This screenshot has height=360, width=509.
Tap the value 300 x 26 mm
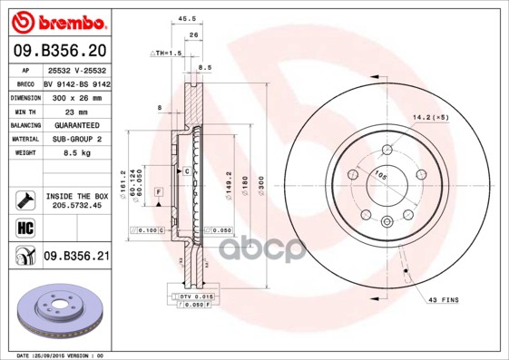69,96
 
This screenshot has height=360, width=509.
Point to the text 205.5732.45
76,205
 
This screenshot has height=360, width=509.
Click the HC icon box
25,227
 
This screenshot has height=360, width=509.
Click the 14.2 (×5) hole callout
431,117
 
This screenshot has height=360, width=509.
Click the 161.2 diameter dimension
123,181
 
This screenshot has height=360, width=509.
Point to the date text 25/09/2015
64,355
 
